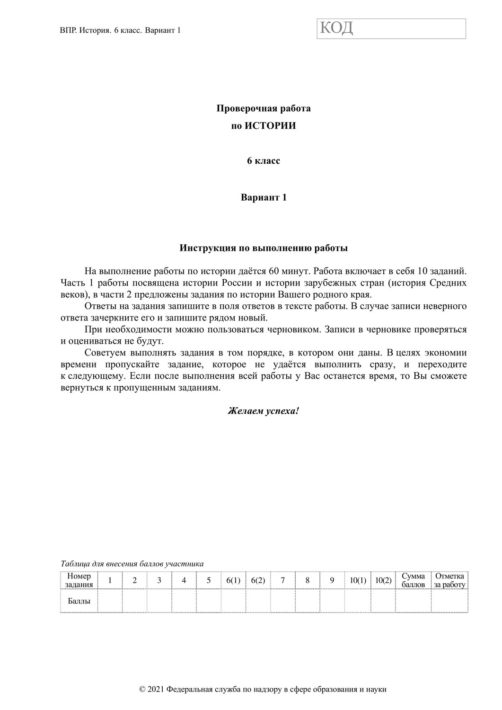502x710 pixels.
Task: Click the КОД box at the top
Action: tap(391, 29)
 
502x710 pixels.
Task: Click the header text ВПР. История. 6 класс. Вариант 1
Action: tap(121, 30)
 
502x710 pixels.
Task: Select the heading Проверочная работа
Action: tap(264, 108)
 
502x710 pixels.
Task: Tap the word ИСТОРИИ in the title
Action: tap(270, 126)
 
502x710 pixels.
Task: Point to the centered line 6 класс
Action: tap(264, 161)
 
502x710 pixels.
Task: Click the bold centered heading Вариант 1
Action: tap(264, 197)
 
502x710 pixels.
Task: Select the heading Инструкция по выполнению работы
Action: tap(264, 248)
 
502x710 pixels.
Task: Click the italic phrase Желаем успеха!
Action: tap(264, 410)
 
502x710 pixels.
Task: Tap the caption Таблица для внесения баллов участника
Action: tap(132, 564)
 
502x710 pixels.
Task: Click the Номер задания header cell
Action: tap(79, 580)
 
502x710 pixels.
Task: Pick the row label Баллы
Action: tap(79, 602)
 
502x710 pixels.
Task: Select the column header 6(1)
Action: tap(233, 580)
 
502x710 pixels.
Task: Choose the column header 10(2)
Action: tap(383, 580)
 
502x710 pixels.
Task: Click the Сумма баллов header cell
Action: tap(413, 580)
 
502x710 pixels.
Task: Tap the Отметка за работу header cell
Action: tap(449, 580)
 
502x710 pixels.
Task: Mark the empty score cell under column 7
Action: tap(282, 602)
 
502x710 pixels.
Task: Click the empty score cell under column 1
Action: tap(110, 602)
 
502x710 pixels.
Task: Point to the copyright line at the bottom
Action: tap(264, 690)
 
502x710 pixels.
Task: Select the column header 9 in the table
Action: tap(332, 580)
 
